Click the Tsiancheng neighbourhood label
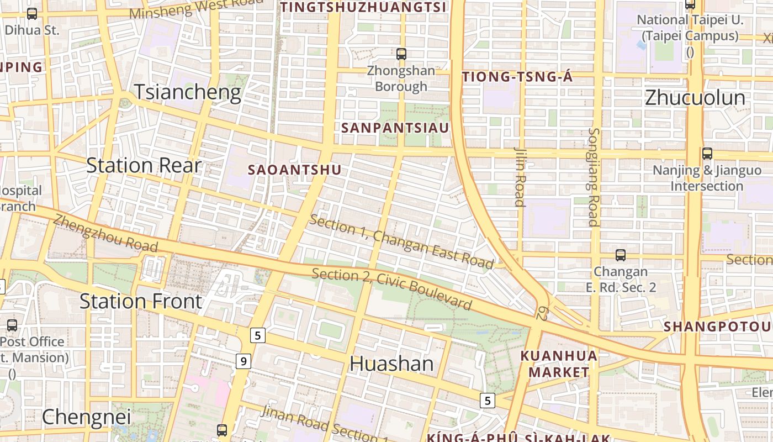188,92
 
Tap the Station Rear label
144,165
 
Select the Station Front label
141,301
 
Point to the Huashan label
391,364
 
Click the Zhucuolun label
695,98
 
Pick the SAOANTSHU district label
295,170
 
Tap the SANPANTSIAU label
395,128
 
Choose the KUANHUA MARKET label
559,364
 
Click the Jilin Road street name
520,176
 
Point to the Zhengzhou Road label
98,233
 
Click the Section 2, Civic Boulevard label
392,288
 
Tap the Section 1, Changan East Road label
401,241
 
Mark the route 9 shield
243,361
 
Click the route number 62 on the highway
543,313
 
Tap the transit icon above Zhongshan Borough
401,54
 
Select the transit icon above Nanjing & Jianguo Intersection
707,154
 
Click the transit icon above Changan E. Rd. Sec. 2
621,255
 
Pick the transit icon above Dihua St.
32,14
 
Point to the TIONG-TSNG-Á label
517,77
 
